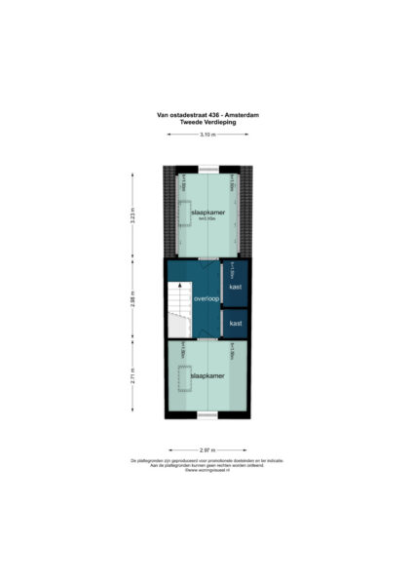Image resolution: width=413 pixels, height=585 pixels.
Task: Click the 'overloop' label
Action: pyautogui.click(x=206, y=298)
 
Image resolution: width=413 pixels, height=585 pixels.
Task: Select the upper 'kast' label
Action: pyautogui.click(x=235, y=287)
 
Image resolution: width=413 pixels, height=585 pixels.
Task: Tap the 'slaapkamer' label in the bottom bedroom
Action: pyautogui.click(x=207, y=374)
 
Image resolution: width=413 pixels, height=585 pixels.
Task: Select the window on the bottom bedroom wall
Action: pyautogui.click(x=206, y=417)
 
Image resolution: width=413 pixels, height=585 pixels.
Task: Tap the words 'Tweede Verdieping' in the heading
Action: pyautogui.click(x=206, y=121)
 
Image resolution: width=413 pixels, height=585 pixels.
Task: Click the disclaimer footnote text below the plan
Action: pyautogui.click(x=206, y=462)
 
